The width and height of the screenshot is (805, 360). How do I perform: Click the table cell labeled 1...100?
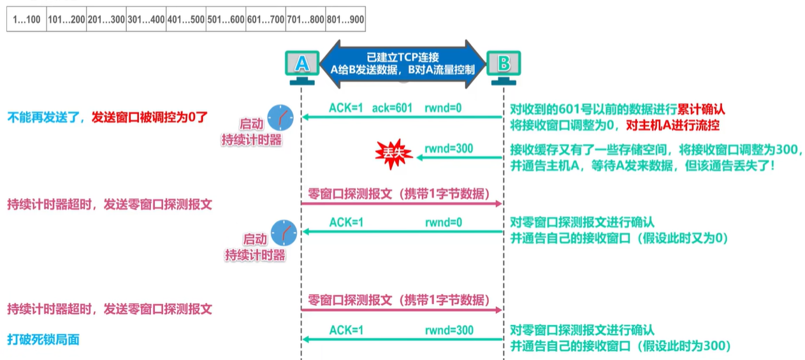click(25, 20)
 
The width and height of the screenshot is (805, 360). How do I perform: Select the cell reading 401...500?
click(186, 20)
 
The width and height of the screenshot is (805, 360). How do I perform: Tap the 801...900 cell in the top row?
click(345, 20)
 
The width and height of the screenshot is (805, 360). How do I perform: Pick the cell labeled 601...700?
click(266, 20)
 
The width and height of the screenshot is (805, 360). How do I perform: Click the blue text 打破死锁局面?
click(43, 340)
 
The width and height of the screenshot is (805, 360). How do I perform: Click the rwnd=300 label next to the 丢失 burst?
click(449, 148)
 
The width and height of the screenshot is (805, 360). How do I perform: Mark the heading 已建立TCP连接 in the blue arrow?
click(403, 56)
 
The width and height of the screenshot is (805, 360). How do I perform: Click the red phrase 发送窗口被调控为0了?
click(150, 117)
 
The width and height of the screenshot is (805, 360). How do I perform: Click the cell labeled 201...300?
click(106, 20)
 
